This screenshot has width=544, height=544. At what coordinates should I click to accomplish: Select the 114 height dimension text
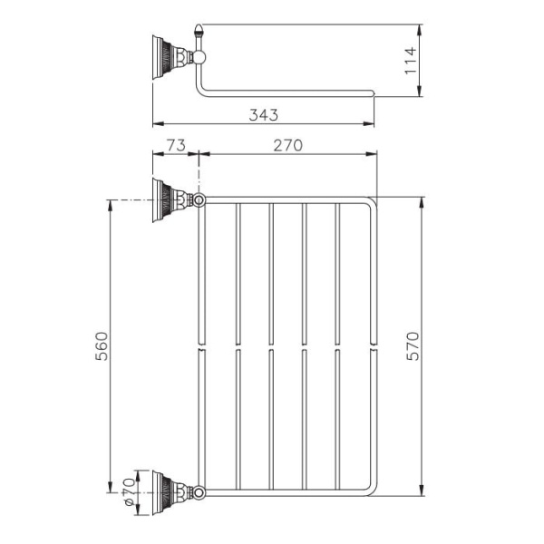410,60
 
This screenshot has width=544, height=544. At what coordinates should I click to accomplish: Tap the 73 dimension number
175,144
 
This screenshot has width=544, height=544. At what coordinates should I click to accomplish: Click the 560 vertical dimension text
102,346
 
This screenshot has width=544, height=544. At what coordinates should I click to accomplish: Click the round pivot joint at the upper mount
199,199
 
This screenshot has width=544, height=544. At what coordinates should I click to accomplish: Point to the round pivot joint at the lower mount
199,492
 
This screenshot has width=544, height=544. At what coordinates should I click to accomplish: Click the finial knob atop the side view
199,34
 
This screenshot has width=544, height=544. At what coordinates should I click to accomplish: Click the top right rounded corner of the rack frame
370,202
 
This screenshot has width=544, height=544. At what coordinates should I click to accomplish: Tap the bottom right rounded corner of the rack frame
370,491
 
